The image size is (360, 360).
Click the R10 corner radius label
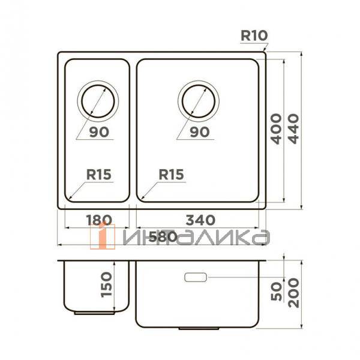(x=254, y=35)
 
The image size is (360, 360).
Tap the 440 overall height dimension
(x=293, y=129)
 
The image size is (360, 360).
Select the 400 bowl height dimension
(x=276, y=129)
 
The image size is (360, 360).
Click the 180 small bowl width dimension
(x=99, y=220)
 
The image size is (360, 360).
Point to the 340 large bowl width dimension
(x=200, y=220)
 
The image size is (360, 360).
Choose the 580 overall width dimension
(x=163, y=237)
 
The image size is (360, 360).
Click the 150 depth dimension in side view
(x=106, y=284)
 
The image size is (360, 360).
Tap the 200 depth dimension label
(x=293, y=293)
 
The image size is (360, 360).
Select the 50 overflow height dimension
(x=276, y=291)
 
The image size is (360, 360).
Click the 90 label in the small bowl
(x=99, y=132)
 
